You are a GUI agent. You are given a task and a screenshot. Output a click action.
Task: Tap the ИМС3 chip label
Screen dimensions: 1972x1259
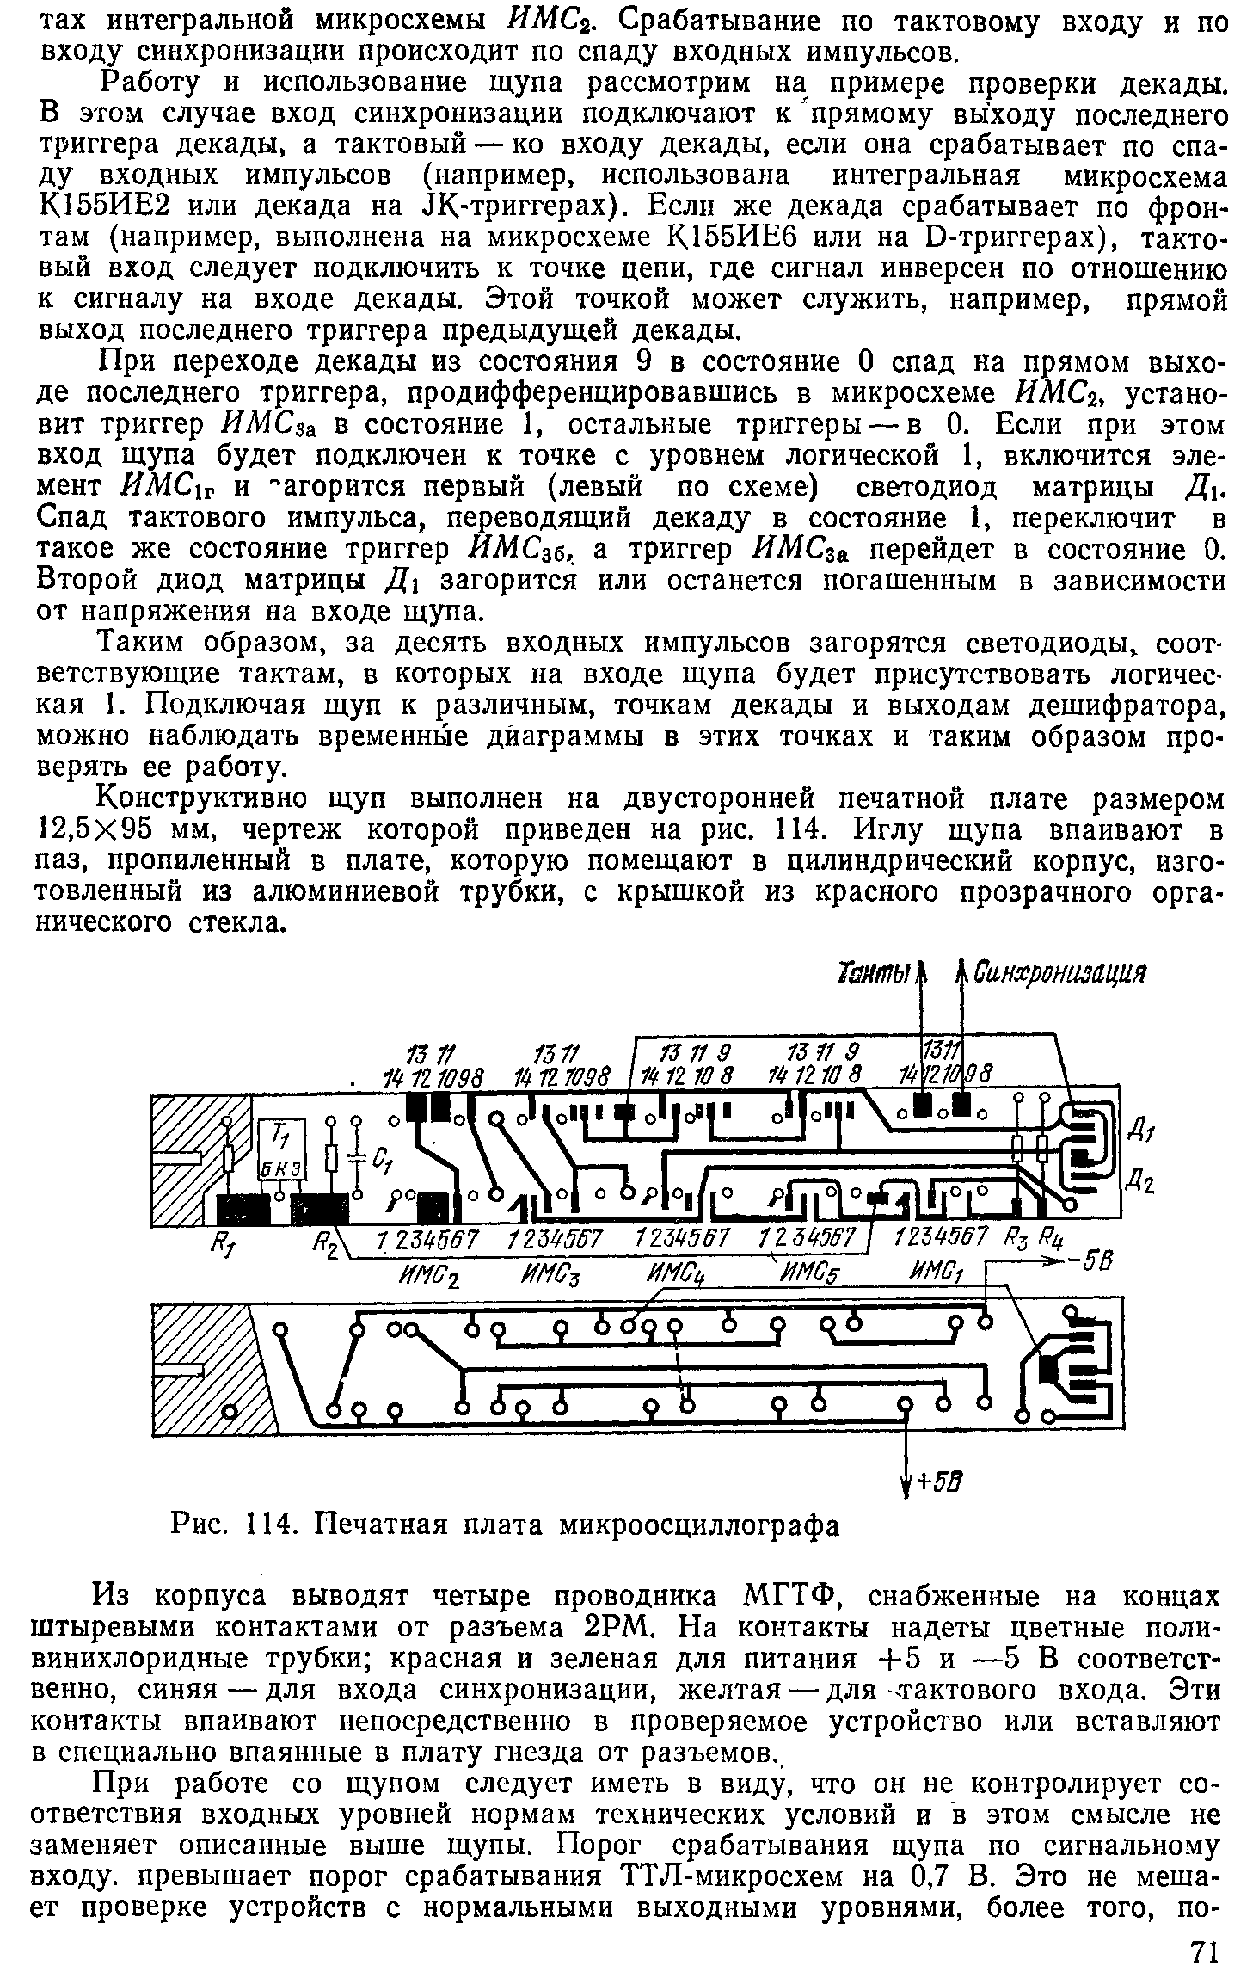coord(549,1268)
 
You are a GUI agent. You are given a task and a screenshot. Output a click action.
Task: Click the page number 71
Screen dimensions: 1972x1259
coord(1205,1947)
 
